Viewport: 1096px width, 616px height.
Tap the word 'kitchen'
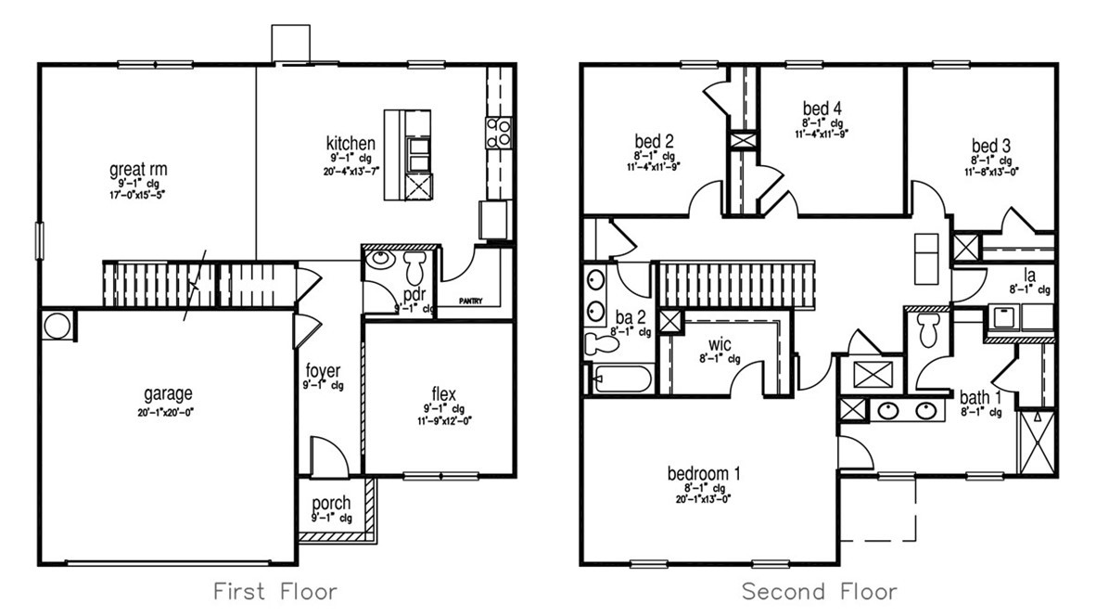350,144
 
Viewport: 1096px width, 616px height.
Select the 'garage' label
168,393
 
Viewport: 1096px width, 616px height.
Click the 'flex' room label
444,395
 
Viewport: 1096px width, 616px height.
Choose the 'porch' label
331,504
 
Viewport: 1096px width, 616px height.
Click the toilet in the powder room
414,268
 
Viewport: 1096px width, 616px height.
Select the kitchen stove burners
498,132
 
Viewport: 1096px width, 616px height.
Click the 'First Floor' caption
275,591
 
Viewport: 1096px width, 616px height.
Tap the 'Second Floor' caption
819,591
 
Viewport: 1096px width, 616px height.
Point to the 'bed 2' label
654,141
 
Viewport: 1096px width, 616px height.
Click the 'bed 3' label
990,146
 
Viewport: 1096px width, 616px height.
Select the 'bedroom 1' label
704,473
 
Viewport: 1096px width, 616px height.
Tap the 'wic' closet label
720,343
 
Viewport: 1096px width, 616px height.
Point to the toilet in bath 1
928,327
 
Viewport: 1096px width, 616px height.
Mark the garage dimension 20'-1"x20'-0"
168,412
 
